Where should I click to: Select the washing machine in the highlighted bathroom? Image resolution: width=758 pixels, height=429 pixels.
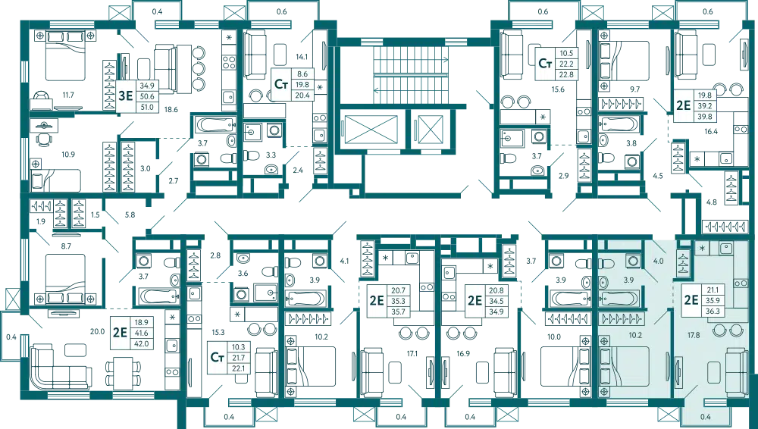click(632, 261)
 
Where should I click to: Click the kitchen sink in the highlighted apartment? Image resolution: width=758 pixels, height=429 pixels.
click(725, 248)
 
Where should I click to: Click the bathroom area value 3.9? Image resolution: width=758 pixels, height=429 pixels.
click(628, 280)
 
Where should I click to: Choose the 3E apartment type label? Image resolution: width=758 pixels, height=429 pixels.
click(126, 96)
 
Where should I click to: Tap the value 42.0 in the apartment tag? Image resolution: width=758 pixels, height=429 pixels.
click(140, 342)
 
